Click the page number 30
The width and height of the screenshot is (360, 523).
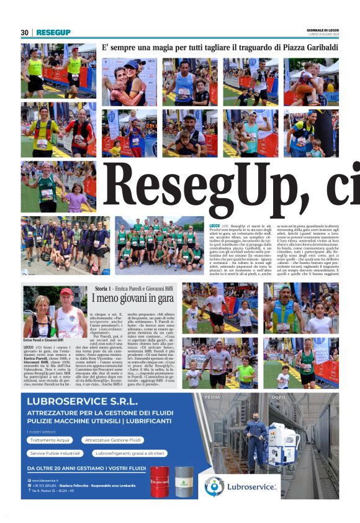coord(24,32)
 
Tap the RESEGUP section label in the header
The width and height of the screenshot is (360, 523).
coord(53,32)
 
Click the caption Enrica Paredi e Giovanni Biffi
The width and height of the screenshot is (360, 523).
coord(43,340)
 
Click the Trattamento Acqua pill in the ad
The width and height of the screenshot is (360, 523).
coord(50,440)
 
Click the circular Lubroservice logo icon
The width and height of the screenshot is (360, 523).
coord(214,486)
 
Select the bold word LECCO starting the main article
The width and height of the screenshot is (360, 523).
coord(215,227)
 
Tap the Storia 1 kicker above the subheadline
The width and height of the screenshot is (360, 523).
coord(106,289)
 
